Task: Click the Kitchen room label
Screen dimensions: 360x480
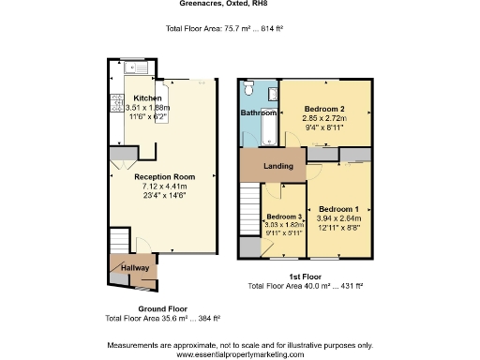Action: point(147,98)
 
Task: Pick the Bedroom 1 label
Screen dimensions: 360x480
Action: point(337,208)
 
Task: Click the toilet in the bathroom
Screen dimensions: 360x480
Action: point(248,88)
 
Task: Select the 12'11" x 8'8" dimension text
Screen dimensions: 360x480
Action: point(337,227)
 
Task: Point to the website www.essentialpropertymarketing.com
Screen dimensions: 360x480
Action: point(239,353)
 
